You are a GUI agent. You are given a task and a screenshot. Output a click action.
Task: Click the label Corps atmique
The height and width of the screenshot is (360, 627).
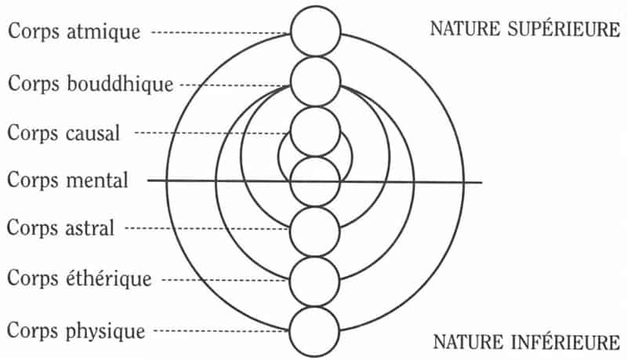[x=74, y=31]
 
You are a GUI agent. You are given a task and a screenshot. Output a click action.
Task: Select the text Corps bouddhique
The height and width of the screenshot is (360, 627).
[x=91, y=84]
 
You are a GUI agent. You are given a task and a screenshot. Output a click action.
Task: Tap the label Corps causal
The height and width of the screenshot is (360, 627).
[x=63, y=133]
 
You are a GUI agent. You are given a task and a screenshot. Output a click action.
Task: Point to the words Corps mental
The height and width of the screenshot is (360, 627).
[x=67, y=180]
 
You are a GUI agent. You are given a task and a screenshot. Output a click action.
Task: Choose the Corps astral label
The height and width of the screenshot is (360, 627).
[x=61, y=228]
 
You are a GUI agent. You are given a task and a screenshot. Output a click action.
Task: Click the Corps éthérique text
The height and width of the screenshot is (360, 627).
[x=79, y=278]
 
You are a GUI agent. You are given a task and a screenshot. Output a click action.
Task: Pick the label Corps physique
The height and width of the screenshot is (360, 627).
[x=76, y=331]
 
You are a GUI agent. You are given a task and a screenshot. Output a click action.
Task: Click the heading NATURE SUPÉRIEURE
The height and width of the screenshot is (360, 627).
[x=525, y=29]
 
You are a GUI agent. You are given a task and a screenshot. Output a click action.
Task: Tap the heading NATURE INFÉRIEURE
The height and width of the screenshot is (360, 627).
[x=527, y=343]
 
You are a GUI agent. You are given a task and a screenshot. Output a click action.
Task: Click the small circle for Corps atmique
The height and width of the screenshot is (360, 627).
[x=316, y=31]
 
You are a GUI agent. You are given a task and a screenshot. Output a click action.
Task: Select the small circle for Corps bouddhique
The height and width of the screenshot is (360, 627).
[x=316, y=82]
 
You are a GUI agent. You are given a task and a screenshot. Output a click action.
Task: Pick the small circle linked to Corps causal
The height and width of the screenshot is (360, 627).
[x=315, y=132]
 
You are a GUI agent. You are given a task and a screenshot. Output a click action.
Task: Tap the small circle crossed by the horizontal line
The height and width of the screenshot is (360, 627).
[x=315, y=182]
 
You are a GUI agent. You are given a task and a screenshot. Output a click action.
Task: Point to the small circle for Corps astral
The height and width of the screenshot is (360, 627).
[x=315, y=231]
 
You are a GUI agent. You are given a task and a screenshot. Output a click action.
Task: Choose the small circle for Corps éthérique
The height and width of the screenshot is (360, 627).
[x=315, y=282]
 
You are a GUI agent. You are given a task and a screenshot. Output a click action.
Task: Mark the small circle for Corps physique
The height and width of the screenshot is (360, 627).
[x=314, y=332]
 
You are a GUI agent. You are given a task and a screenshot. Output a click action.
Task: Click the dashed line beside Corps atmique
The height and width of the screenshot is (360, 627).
[x=221, y=33]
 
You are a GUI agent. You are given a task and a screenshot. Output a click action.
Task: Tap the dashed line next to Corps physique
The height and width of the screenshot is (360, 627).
[x=222, y=331]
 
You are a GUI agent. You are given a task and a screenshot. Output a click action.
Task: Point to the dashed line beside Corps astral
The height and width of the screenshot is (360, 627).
[x=207, y=228]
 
